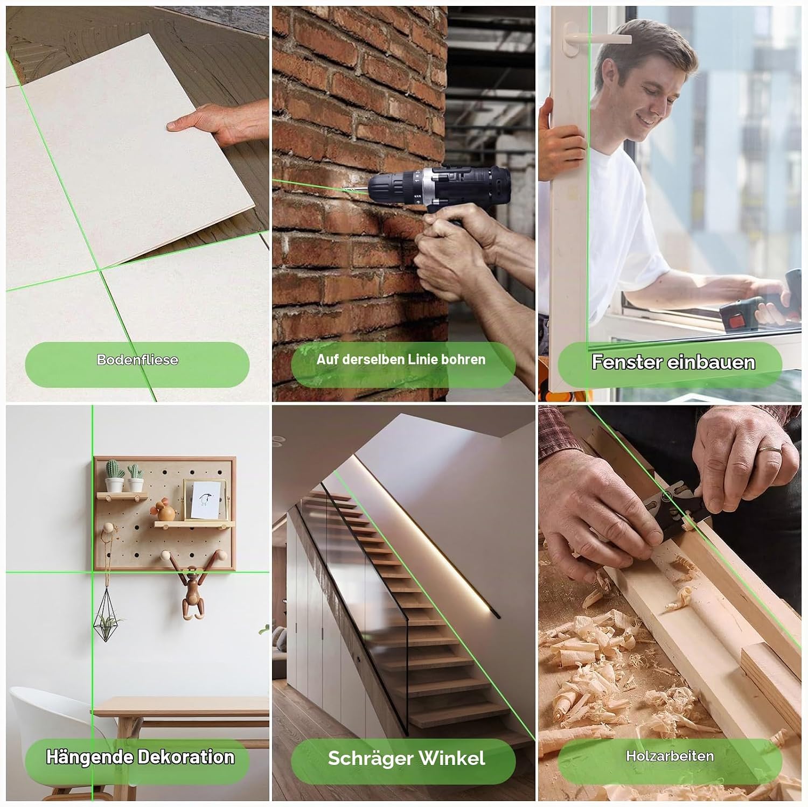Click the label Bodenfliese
click(x=137, y=360)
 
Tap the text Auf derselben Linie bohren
click(x=401, y=359)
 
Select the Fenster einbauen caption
click(x=673, y=362)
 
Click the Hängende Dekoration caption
click(x=140, y=757)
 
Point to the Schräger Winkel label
click(x=406, y=758)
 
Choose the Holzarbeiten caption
click(x=670, y=756)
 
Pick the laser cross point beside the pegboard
click(x=92, y=572)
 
